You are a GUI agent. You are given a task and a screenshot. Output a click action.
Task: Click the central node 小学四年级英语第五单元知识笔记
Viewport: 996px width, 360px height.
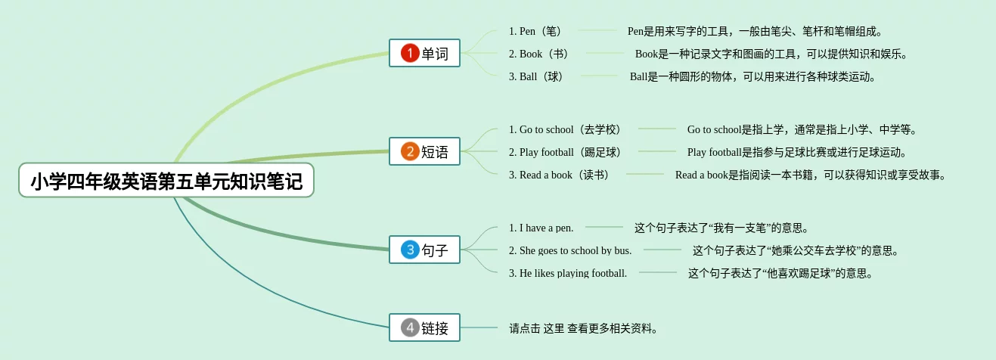(166, 181)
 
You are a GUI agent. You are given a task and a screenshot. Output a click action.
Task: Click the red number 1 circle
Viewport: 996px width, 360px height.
(410, 53)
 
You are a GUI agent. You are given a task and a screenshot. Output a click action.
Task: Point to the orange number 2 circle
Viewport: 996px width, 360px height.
(410, 151)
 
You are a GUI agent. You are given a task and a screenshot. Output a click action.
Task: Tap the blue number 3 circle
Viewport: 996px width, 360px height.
(410, 250)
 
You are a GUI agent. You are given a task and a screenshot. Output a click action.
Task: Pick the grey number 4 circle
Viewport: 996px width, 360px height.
(410, 327)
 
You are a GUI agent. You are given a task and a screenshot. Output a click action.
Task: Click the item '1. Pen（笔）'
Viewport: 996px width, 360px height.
(537, 31)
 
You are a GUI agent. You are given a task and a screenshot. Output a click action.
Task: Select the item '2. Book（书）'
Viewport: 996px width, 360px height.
(540, 54)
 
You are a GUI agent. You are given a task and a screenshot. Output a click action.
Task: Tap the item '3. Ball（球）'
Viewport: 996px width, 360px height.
(538, 76)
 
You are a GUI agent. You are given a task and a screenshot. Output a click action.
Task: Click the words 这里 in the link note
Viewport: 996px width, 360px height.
(554, 328)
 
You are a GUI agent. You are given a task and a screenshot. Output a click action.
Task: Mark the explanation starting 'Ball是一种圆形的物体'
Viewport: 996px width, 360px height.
(752, 76)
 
